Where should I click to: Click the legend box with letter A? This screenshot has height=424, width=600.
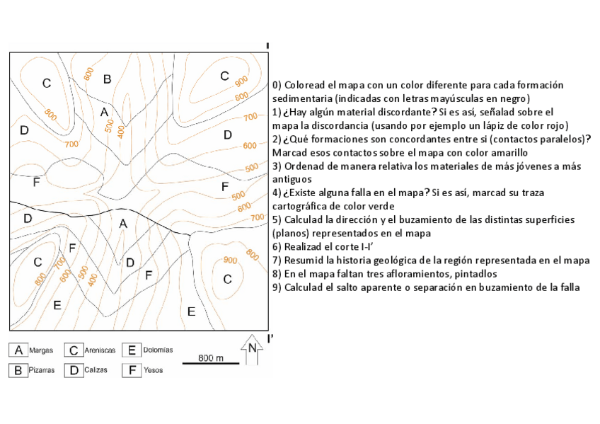[18, 350]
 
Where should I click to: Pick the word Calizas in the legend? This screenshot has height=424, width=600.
[96, 370]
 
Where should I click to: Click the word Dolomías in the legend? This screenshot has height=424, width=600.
[157, 350]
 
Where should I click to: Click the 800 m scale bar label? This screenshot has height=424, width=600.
[211, 358]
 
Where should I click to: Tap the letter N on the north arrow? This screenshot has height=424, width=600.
[252, 348]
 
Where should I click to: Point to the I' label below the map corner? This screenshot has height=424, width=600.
[270, 338]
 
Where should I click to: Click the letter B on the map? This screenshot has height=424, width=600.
[108, 79]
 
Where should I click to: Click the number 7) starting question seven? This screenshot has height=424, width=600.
[277, 260]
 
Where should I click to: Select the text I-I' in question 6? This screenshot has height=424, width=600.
[356, 246]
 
